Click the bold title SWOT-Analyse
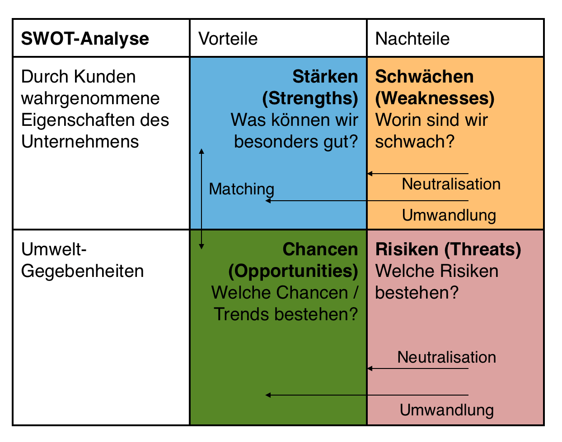pyautogui.click(x=85, y=39)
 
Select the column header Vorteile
pyautogui.click(x=228, y=39)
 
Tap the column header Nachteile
pyautogui.click(x=412, y=39)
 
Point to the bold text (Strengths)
pyautogui.click(x=310, y=99)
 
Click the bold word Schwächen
pyautogui.click(x=424, y=77)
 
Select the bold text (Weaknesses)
pyautogui.click(x=435, y=99)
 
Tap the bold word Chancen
pyautogui.click(x=320, y=249)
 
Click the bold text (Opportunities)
pyautogui.click(x=293, y=272)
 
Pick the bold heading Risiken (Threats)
pyautogui.click(x=448, y=249)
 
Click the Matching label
pyautogui.click(x=242, y=189)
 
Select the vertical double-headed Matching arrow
pyautogui.click(x=201, y=199)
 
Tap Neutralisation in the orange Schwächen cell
pyautogui.click(x=451, y=184)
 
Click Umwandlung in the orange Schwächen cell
pyautogui.click(x=449, y=216)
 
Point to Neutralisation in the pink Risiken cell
pyautogui.click(x=446, y=357)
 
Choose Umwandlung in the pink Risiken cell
pyautogui.click(x=447, y=410)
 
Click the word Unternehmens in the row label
pyautogui.click(x=80, y=142)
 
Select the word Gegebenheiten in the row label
pyautogui.click(x=83, y=272)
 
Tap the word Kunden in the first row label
pyautogui.click(x=105, y=77)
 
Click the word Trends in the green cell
pyautogui.click(x=242, y=314)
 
